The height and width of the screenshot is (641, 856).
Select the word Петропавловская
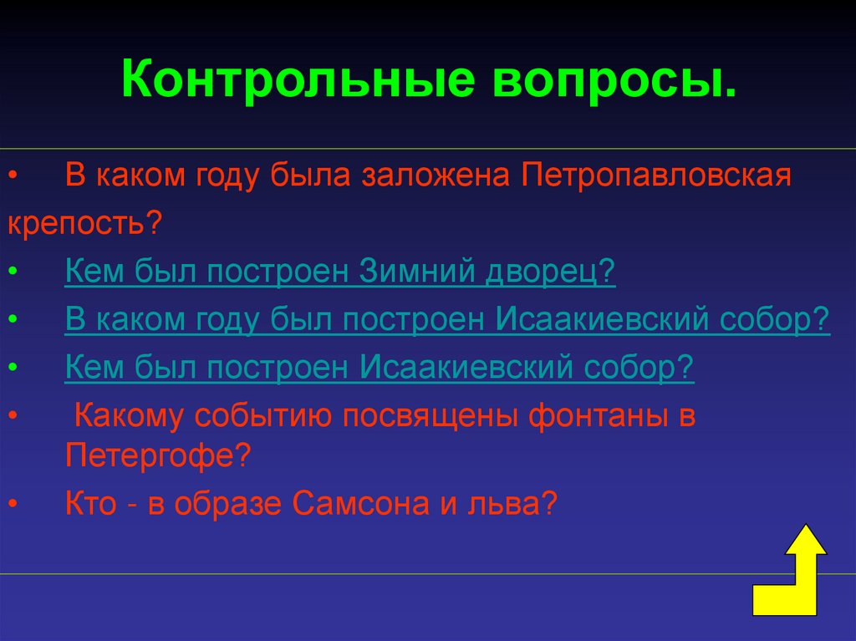(657, 177)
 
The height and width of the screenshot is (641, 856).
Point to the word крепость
(80, 222)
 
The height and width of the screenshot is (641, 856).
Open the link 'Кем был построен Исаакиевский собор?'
(380, 367)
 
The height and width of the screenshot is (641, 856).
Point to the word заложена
(438, 177)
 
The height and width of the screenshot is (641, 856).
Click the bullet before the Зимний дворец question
(11, 273)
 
